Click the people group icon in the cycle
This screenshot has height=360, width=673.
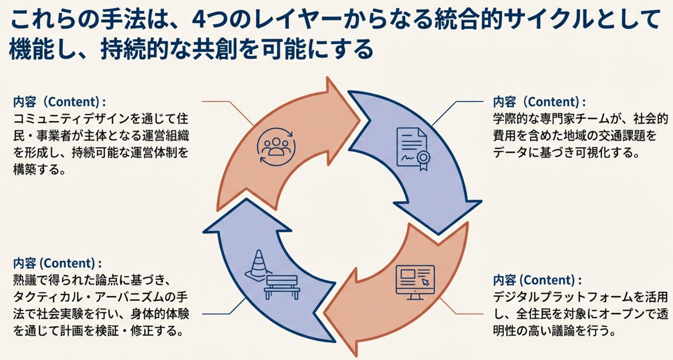[x=276, y=147]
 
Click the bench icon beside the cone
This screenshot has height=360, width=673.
[x=282, y=287]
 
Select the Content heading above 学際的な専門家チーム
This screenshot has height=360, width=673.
[x=539, y=102]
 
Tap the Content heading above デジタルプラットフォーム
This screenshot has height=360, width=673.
[x=537, y=280]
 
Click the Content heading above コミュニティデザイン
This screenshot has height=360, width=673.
[x=59, y=102]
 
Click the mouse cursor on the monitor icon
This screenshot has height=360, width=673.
[x=425, y=282]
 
